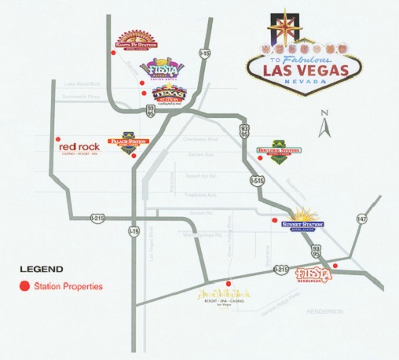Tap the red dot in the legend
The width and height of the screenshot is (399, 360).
(x=24, y=286)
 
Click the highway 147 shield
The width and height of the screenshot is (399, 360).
(x=361, y=219)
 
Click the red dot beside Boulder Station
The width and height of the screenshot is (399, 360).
(x=259, y=157)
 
